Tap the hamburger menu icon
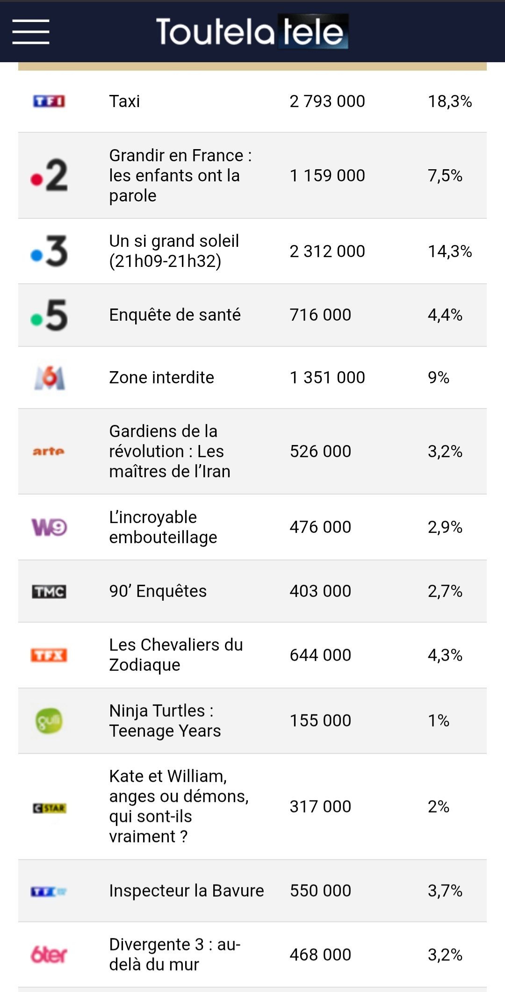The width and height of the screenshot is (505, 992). tap(31, 32)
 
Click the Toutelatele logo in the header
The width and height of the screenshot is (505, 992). tap(252, 32)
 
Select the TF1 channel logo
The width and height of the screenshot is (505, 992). tap(49, 101)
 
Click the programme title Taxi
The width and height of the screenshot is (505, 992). tap(124, 101)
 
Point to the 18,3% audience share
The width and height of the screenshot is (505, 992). tap(450, 101)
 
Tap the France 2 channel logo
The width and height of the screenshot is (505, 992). tap(49, 175)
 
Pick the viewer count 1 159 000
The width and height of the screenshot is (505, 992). tap(327, 175)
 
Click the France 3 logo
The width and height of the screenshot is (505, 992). tap(49, 252)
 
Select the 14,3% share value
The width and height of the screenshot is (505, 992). tap(450, 252)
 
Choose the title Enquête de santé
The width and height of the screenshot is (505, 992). tap(175, 315)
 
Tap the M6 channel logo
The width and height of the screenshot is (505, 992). tap(50, 378)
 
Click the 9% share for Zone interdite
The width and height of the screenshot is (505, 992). tap(438, 377)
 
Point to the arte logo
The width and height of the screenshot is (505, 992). tap(49, 451)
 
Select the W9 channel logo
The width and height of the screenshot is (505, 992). tap(49, 527)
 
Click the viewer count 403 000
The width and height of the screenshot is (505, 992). tap(320, 591)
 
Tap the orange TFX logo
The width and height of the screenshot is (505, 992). tap(49, 655)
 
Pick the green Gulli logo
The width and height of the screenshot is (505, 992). tap(49, 720)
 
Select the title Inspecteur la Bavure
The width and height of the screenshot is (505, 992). tap(187, 891)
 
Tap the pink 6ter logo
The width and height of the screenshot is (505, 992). tap(49, 955)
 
